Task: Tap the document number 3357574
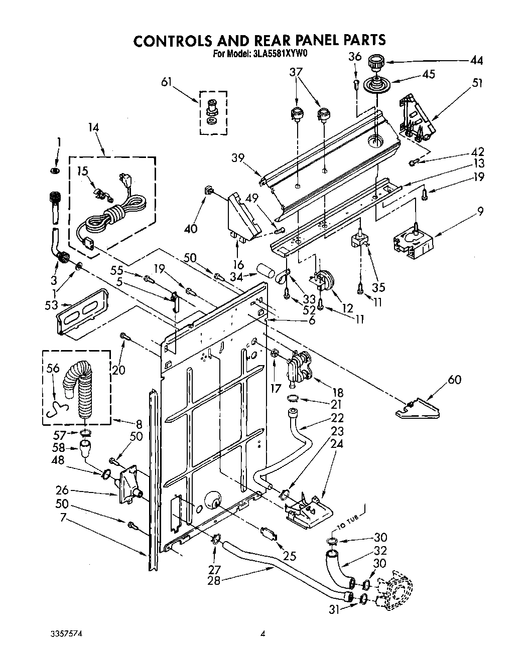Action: click(66, 634)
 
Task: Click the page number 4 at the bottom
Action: click(262, 634)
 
